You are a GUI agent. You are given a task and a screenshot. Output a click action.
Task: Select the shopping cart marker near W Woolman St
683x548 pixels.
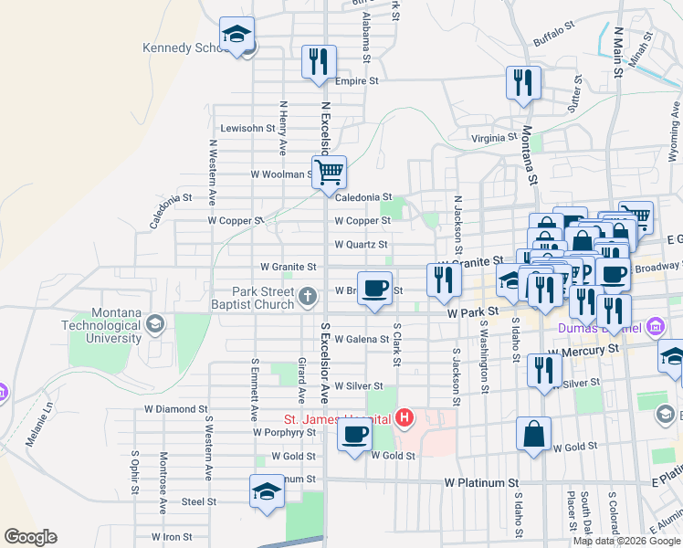coord(329,171)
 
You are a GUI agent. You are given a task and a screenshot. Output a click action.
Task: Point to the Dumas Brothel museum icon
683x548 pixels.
coord(654,326)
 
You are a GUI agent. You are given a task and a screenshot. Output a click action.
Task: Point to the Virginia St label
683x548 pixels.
coord(494,138)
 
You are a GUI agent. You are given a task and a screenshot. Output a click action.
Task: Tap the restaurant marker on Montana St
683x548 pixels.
coord(523,82)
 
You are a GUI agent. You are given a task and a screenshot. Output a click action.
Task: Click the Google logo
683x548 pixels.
coord(30,537)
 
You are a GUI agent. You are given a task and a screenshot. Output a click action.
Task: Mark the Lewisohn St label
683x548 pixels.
coord(247,129)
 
